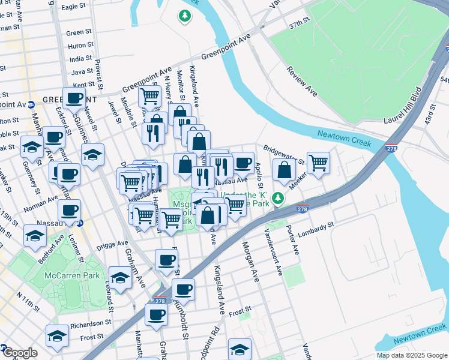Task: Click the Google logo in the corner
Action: pos(19,353)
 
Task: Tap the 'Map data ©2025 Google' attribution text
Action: pos(412,355)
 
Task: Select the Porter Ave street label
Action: pos(293,241)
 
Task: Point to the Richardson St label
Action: pos(86,324)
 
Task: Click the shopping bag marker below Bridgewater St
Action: pos(284,170)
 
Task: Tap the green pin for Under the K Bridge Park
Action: pos(277,197)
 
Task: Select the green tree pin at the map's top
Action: pos(185,16)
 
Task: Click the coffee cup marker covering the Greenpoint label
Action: pos(74,98)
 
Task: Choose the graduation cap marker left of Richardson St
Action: pos(57,336)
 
